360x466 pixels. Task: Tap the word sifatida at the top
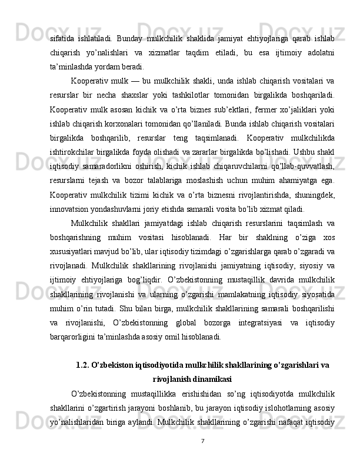62,39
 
